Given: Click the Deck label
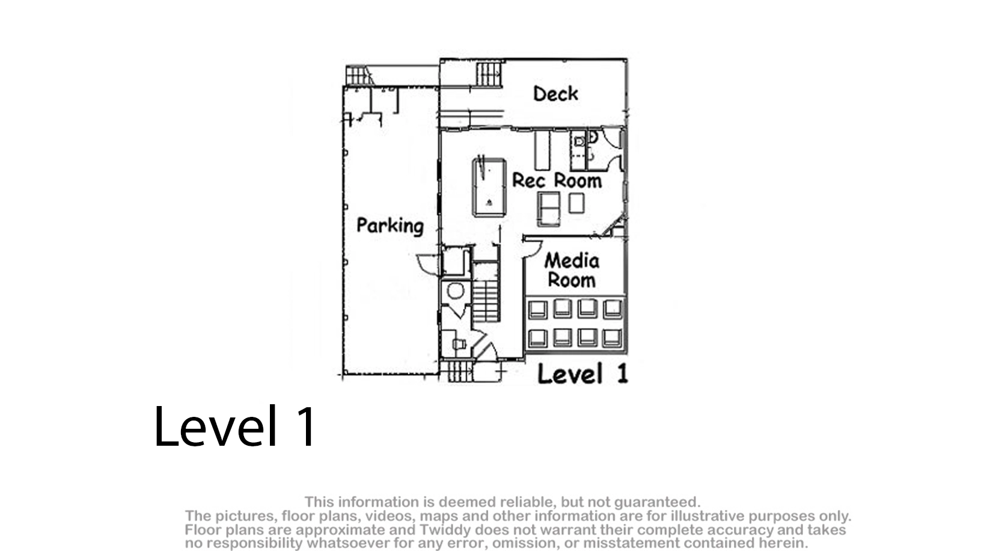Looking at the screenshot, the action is pyautogui.click(x=555, y=94).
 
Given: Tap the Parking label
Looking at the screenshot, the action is pyautogui.click(x=390, y=226).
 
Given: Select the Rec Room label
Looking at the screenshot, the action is pyautogui.click(x=557, y=180).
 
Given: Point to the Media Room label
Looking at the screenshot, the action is pyautogui.click(x=572, y=271).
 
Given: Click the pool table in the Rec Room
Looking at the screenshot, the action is pyautogui.click(x=489, y=188).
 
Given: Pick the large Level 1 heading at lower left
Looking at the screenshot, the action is pyautogui.click(x=234, y=426).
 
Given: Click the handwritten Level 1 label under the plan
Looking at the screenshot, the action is pyautogui.click(x=583, y=374).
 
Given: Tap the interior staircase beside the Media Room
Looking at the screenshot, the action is pyautogui.click(x=486, y=292).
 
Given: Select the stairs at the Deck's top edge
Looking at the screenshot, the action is pyautogui.click(x=489, y=74).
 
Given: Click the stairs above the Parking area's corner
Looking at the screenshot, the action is pyautogui.click(x=358, y=75).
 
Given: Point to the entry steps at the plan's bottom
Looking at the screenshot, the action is pyautogui.click(x=457, y=371).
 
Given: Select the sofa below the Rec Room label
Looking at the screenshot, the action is pyautogui.click(x=549, y=209).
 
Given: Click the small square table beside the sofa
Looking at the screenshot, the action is pyautogui.click(x=576, y=203).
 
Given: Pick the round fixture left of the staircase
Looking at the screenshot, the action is pyautogui.click(x=456, y=291).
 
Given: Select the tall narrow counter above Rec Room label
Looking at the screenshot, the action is pyautogui.click(x=542, y=150).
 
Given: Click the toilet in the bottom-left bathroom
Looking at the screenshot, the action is pyautogui.click(x=459, y=344).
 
